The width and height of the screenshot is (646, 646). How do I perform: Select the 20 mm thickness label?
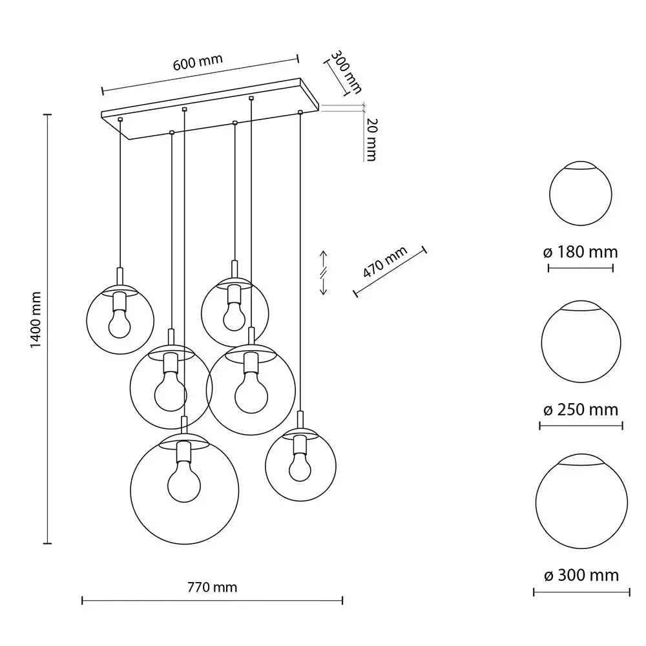[371, 139]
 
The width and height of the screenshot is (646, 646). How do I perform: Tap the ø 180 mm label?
[581, 252]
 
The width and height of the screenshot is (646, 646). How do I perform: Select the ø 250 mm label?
[581, 410]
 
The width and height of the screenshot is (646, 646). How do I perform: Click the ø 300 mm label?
[581, 574]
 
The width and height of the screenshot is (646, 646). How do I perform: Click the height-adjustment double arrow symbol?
[324, 273]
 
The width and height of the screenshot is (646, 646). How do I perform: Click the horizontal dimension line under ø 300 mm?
[580, 592]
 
